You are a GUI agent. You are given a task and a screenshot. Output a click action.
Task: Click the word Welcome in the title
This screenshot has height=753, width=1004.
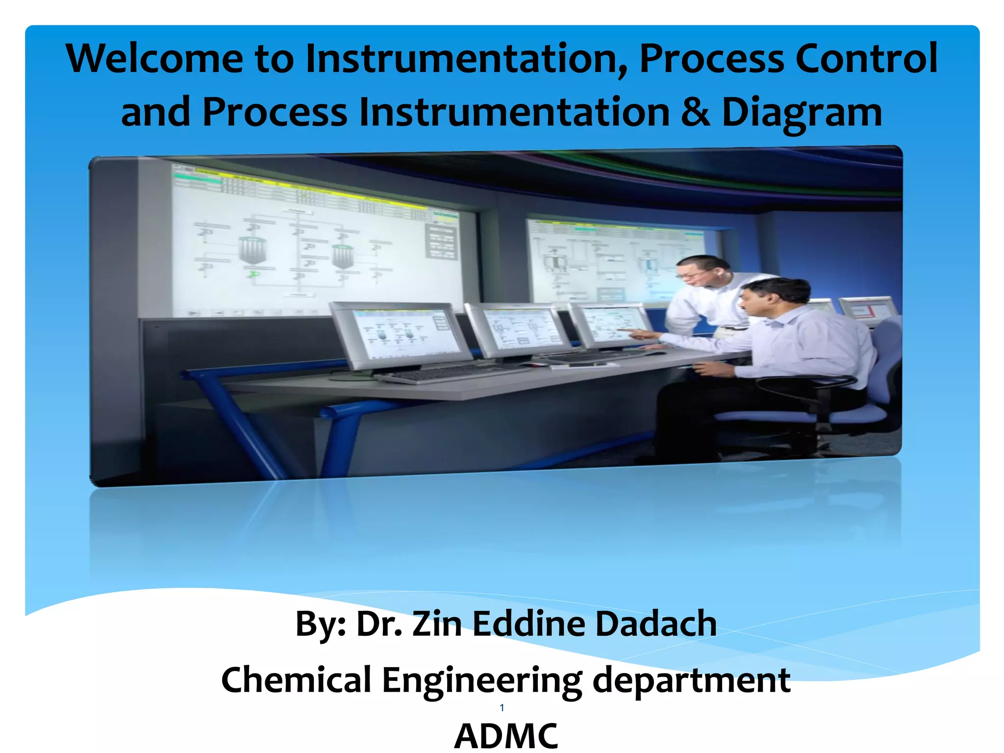click(154, 59)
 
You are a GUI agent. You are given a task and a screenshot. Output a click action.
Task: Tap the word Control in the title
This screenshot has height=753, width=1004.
click(866, 59)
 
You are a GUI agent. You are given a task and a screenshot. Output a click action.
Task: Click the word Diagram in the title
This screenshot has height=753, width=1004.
click(802, 113)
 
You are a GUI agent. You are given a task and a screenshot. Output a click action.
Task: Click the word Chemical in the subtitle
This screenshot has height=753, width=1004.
click(296, 680)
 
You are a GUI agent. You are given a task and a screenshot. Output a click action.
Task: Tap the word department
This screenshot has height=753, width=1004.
click(691, 680)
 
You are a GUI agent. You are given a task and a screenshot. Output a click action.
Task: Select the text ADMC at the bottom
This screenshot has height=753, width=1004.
click(506, 735)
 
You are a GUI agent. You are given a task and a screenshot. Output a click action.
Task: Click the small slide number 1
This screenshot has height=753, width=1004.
click(502, 707)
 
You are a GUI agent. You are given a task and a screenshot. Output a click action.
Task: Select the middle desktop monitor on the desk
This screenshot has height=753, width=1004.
click(517, 328)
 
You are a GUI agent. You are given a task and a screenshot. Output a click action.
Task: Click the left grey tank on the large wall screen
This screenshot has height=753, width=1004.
click(252, 250)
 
